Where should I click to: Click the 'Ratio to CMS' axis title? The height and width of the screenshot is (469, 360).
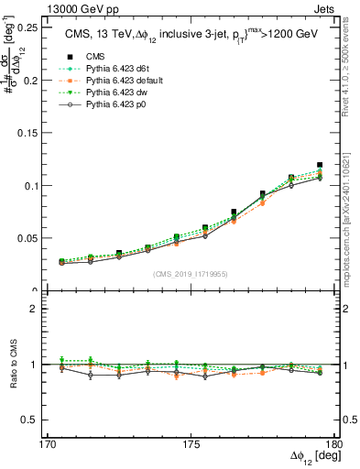click(13, 364)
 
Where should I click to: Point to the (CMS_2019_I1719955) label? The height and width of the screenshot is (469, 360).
click(191, 272)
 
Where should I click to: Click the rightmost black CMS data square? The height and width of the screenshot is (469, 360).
click(320, 165)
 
